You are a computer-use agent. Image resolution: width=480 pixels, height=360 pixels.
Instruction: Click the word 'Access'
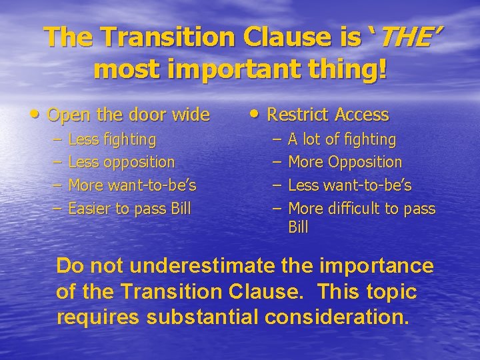point(362,115)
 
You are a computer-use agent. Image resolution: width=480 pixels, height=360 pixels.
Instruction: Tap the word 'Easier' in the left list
point(90,209)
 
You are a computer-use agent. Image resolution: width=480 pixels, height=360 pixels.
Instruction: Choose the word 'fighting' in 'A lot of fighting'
point(368,139)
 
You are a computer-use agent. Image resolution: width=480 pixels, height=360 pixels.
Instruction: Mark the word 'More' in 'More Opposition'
point(305,162)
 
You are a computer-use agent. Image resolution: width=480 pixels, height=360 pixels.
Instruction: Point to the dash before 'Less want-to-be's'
point(277,185)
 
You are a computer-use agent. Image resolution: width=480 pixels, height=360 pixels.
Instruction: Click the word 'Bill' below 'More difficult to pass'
point(298,227)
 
